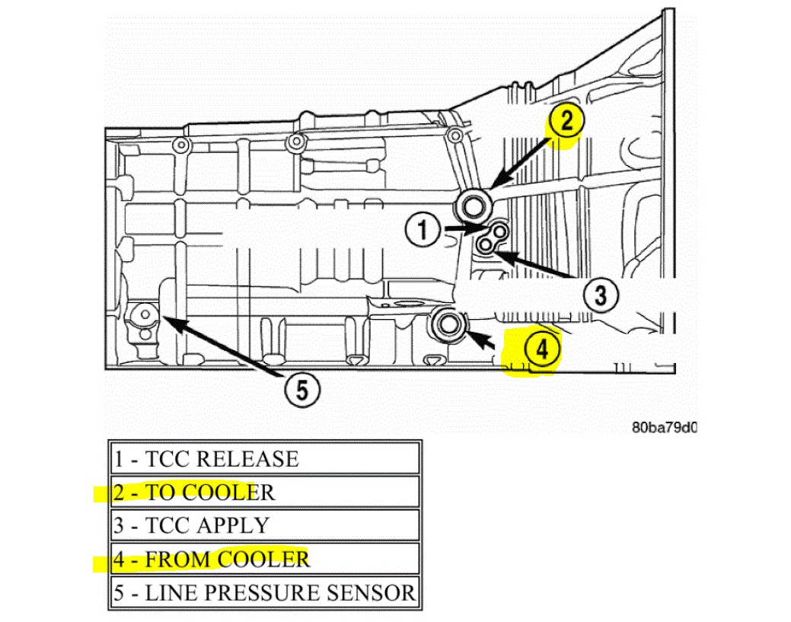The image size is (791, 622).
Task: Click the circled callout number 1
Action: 423,229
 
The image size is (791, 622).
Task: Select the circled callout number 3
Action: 601,294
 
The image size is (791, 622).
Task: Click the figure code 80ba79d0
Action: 664,427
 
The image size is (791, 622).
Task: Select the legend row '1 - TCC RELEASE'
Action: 263,459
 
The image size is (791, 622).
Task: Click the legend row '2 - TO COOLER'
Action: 263,493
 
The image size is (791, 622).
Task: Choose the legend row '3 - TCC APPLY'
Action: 263,525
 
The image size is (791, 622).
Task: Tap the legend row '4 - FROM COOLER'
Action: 263,560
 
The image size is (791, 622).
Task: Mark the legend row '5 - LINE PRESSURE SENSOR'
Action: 263,593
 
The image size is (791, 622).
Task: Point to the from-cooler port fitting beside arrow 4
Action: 448,324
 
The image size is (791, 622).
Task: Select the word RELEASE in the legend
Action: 247,459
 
